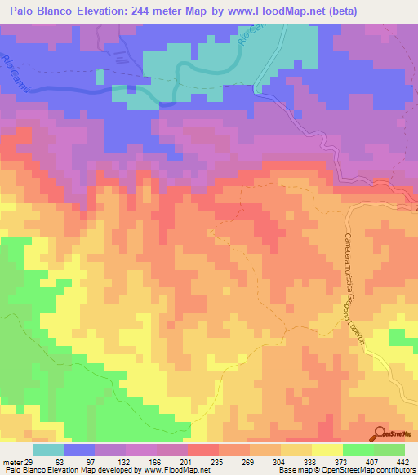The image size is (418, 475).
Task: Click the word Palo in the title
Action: point(25,11)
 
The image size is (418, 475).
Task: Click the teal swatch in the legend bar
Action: point(48,450)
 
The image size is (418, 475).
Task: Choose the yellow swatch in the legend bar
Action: point(327,450)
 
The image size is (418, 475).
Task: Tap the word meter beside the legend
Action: point(12,463)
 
